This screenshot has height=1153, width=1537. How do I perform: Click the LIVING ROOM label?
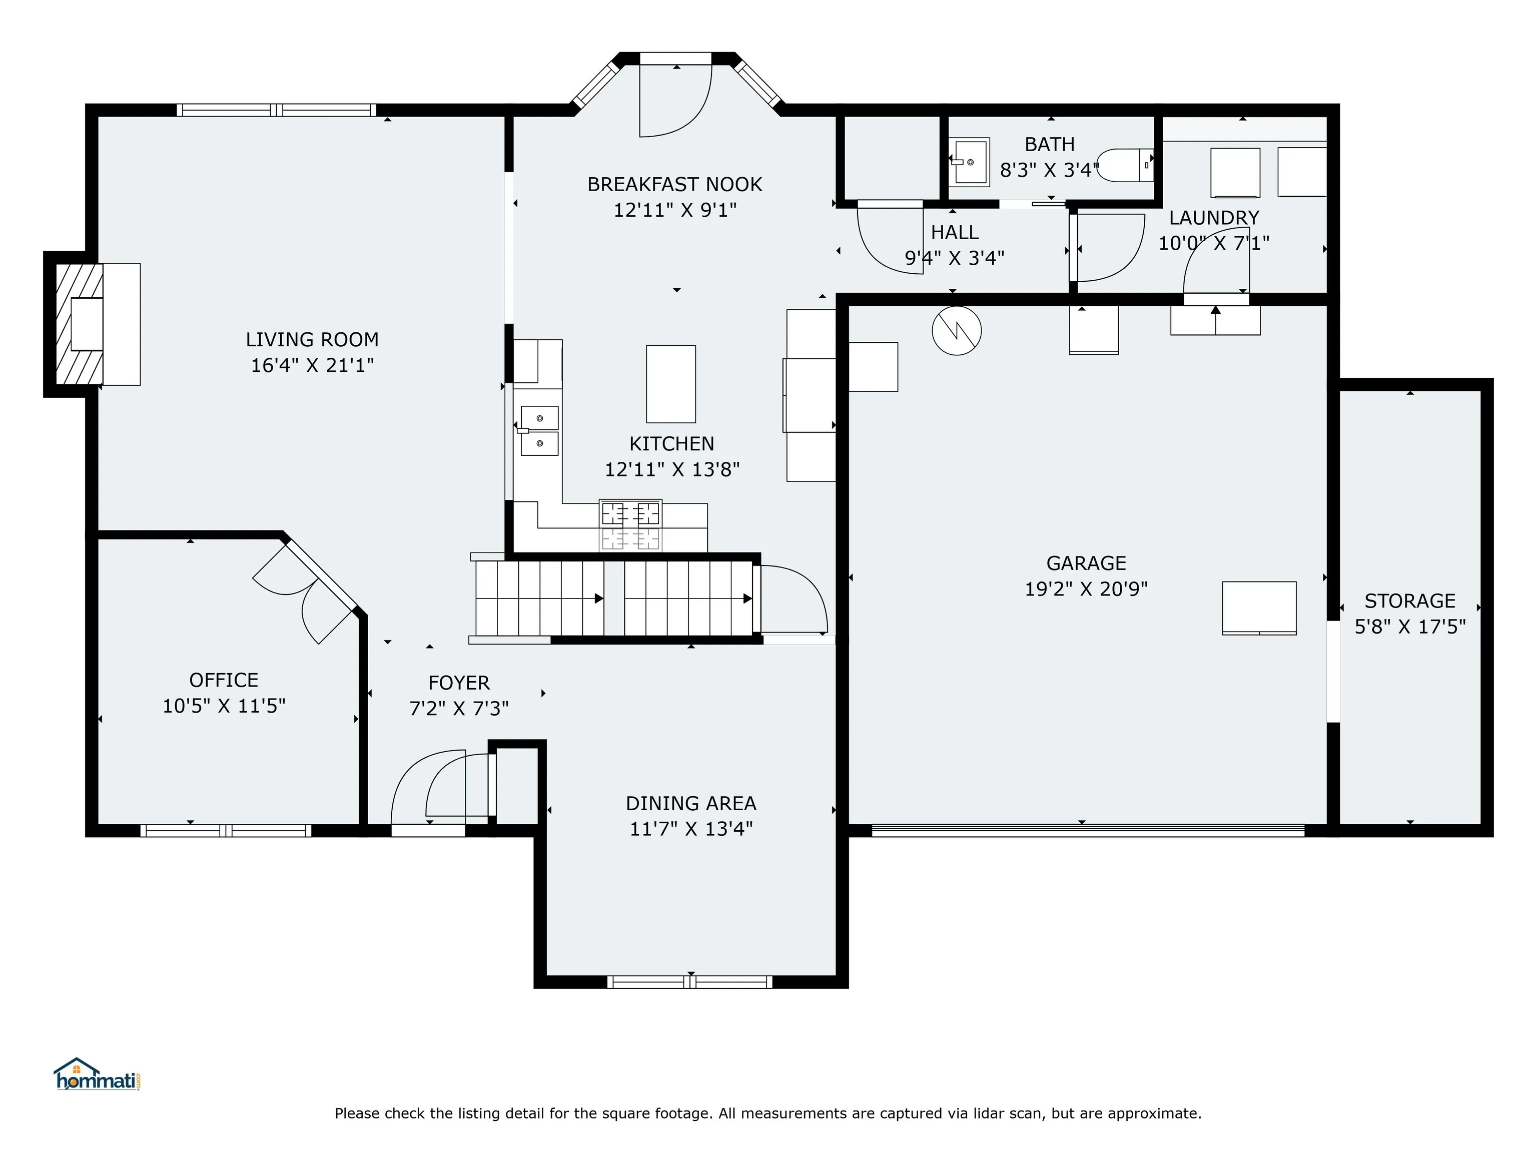(x=312, y=340)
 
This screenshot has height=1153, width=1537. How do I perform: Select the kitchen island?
(x=670, y=384)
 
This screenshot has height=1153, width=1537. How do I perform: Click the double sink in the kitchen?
(x=539, y=431)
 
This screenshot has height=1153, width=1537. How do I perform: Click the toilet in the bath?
(x=1124, y=166)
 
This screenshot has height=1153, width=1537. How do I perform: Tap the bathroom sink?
(x=969, y=163)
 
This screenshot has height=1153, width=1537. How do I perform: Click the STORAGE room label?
(x=1410, y=601)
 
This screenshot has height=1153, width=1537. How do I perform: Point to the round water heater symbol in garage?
(x=957, y=331)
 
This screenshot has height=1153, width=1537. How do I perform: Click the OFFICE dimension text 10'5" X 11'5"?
(x=224, y=706)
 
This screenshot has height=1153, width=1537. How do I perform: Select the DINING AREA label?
(x=690, y=803)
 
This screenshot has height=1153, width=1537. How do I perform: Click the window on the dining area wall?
(x=690, y=982)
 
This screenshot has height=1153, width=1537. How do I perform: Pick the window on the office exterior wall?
(x=226, y=831)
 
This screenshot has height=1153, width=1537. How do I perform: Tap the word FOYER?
(x=459, y=683)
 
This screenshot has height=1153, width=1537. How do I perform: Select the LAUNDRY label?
(x=1214, y=218)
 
